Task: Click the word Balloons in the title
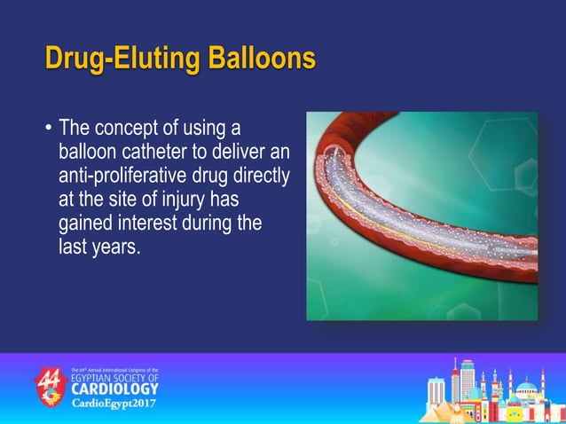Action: (x=262, y=59)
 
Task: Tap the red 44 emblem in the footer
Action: (x=51, y=387)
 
